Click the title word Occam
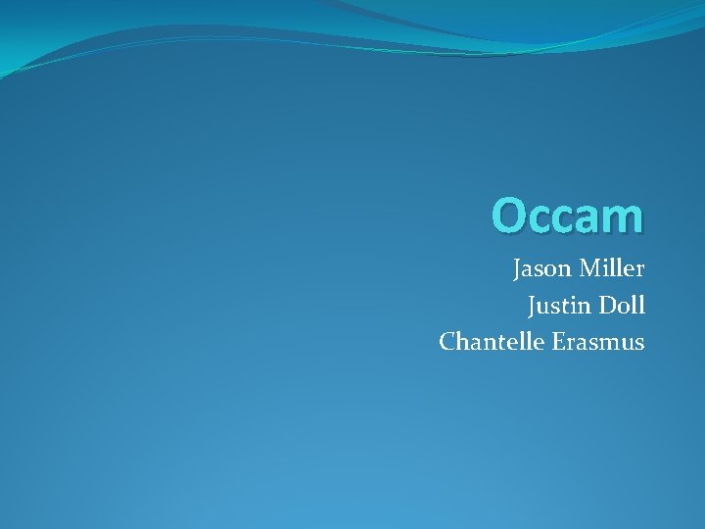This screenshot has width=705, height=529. pos(568,216)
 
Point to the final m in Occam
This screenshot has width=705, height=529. pos(624,220)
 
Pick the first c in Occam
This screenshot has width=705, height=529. pos(541,220)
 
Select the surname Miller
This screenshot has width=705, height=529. pos(611,268)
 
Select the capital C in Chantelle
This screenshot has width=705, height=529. pos(447,342)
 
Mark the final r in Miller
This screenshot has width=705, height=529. pos(640,271)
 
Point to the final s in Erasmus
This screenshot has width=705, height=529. pos(639,345)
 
